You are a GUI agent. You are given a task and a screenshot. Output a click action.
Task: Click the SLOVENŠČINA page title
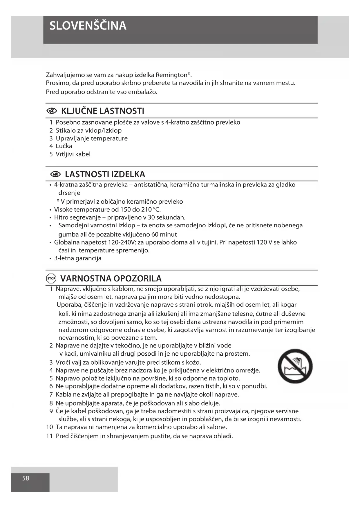click(x=88, y=26)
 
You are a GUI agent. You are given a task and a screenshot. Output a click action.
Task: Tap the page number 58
click(x=26, y=478)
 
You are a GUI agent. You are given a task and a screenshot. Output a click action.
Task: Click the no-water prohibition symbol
click(x=295, y=366)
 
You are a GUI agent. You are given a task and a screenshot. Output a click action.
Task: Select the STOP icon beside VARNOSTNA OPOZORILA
click(x=51, y=279)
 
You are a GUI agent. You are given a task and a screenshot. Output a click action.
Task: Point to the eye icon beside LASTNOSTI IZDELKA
click(x=55, y=174)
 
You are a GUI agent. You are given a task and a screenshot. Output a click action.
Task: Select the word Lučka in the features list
click(x=64, y=146)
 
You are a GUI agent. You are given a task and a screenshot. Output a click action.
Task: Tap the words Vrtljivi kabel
click(x=73, y=154)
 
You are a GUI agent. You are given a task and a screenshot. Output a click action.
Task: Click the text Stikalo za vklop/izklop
click(x=89, y=130)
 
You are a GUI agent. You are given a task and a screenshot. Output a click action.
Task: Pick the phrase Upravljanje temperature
click(x=92, y=138)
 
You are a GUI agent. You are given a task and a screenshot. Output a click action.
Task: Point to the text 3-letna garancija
click(x=78, y=258)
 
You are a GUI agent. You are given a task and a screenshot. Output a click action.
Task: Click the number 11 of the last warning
click(x=49, y=436)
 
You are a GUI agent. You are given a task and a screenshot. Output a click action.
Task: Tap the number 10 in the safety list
click(x=49, y=427)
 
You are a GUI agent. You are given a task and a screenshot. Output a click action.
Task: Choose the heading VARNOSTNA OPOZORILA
click(x=111, y=279)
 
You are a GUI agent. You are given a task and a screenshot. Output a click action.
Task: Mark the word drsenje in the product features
click(x=69, y=193)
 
